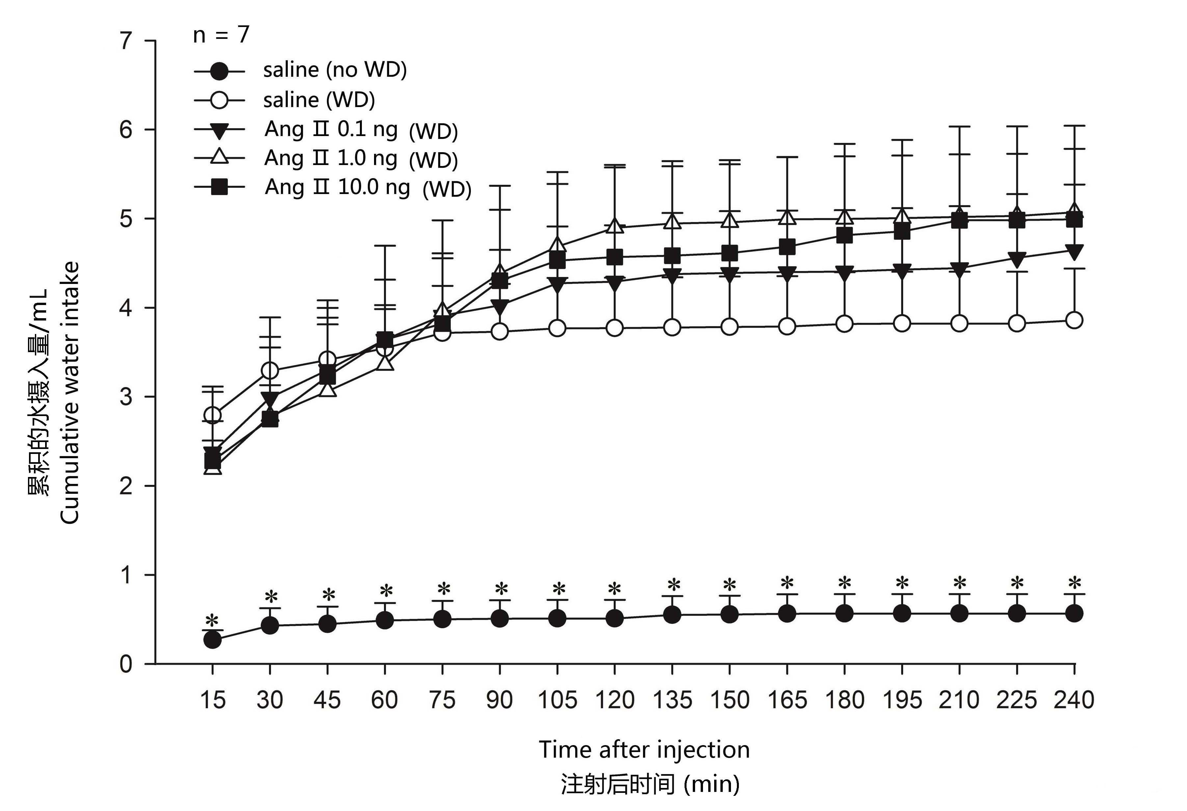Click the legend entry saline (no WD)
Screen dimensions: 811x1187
point(335,70)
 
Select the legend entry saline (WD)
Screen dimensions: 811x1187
point(319,100)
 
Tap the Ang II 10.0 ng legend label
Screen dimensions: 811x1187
point(337,187)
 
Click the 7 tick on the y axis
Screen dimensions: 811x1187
point(126,41)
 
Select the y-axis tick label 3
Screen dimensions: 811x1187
point(126,397)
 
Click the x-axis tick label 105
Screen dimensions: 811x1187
point(557,700)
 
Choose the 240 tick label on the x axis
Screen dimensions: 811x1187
point(1074,700)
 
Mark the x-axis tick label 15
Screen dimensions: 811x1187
point(212,700)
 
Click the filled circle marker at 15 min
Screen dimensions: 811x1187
point(212,640)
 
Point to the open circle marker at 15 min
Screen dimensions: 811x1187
point(212,414)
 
